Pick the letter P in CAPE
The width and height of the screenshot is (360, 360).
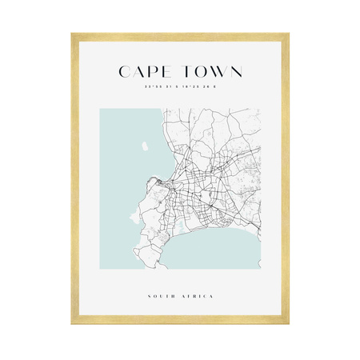point(152,72)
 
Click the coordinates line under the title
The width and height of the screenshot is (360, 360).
point(179,88)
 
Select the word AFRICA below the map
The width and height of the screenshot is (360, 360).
point(198,297)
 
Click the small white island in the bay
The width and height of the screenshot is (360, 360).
point(145,147)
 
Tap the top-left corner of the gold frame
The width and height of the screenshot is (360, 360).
point(73,35)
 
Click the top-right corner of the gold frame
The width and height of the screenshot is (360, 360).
point(287,35)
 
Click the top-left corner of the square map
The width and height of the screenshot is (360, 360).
point(99,110)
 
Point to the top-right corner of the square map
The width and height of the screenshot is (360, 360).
point(261,110)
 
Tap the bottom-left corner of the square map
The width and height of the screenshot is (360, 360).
point(99,270)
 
